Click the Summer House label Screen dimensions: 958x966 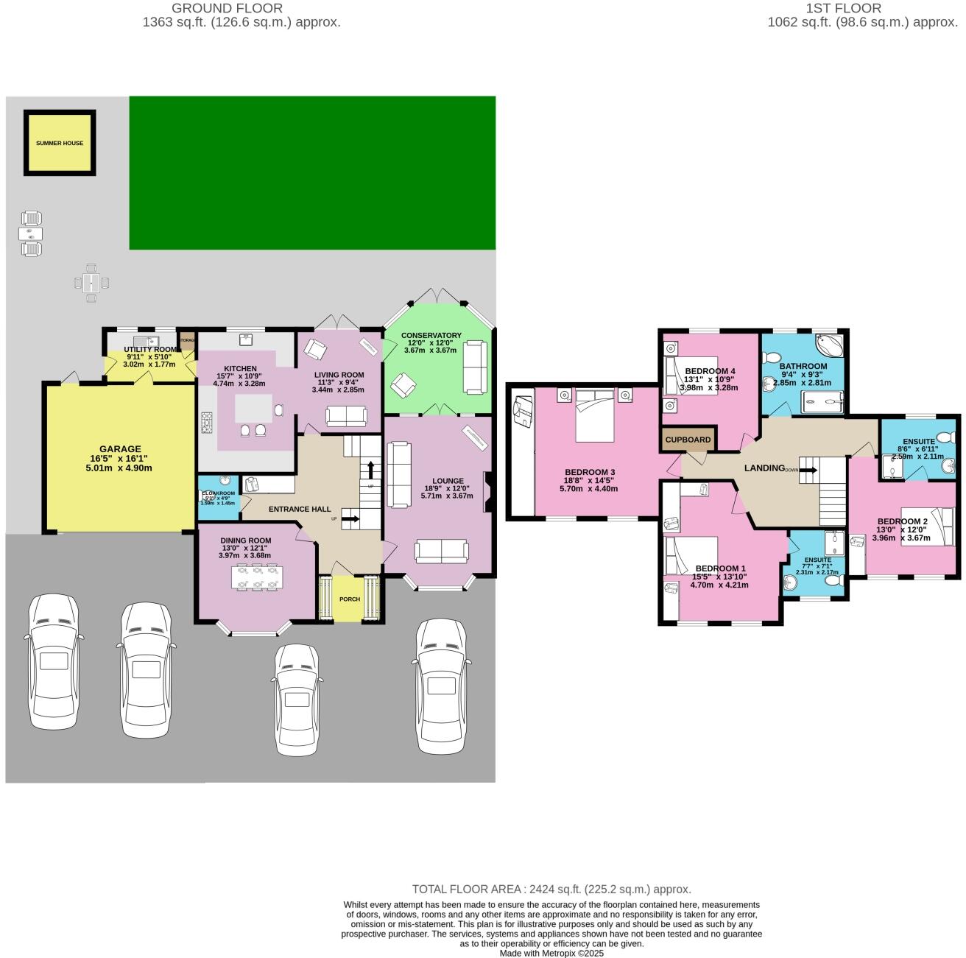(x=60, y=144)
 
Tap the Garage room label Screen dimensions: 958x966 (x=120, y=449)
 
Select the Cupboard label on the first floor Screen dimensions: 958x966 (x=688, y=440)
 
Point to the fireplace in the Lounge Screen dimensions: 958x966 (x=487, y=492)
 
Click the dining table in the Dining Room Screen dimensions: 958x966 (x=255, y=577)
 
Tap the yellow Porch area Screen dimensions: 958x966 (x=349, y=599)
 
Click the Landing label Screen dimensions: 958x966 (x=764, y=468)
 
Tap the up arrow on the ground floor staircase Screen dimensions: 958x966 (x=370, y=468)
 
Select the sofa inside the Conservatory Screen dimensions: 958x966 (x=476, y=366)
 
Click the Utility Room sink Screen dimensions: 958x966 (x=152, y=340)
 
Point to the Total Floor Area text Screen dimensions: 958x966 (x=551, y=889)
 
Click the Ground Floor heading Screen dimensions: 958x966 (x=227, y=8)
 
